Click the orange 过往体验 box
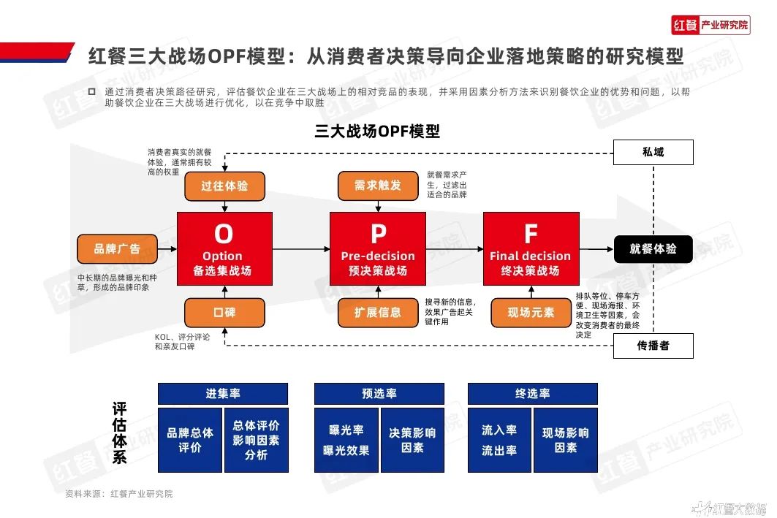(224, 186)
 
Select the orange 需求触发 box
(378, 186)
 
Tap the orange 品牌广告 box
(117, 249)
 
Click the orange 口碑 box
(224, 313)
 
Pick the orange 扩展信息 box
(378, 313)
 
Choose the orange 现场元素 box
(531, 313)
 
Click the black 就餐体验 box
(653, 249)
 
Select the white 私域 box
(653, 152)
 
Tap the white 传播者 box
(653, 346)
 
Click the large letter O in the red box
(224, 234)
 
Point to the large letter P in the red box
(379, 234)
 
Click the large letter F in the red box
(531, 234)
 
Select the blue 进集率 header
(223, 394)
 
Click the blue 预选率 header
(379, 394)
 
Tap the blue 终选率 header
(533, 394)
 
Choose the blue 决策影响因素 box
(412, 441)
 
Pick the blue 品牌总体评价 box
(190, 441)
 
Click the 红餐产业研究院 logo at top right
(710, 25)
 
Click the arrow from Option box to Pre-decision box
(301, 249)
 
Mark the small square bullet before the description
(91, 91)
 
